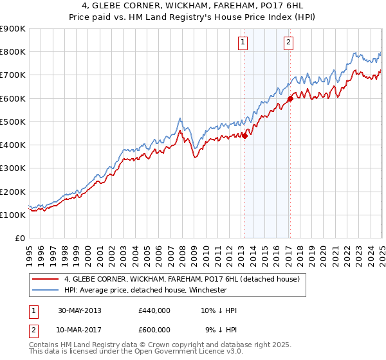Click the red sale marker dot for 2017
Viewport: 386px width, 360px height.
[290, 98]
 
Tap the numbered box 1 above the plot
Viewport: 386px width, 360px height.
[243, 42]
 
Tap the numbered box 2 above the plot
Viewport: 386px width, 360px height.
[288, 42]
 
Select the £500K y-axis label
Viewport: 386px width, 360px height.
[13, 122]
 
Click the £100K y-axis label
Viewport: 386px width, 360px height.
[13, 215]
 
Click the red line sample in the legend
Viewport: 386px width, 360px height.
[45, 280]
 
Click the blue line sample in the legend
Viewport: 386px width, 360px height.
[45, 291]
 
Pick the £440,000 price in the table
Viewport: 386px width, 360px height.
[154, 310]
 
